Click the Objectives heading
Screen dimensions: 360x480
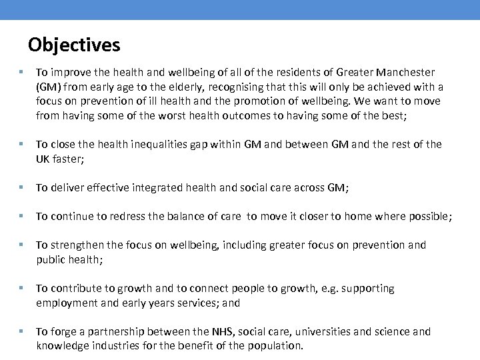click(x=74, y=45)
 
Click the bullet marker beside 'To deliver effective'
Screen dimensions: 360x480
click(x=23, y=189)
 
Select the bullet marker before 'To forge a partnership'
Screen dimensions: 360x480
click(x=23, y=331)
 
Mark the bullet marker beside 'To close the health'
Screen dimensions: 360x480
click(x=23, y=145)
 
